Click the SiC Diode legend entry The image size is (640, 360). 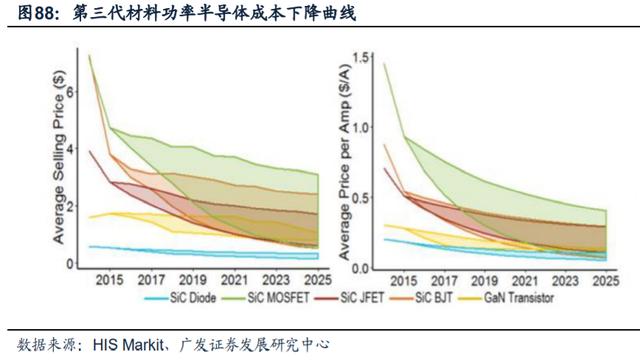click(x=180, y=298)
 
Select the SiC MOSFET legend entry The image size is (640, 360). click(x=266, y=298)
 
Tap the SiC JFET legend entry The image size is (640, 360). click(x=349, y=298)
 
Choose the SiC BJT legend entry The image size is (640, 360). click(x=421, y=298)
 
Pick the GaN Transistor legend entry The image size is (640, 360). click(x=506, y=298)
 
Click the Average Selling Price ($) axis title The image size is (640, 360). click(x=59, y=158)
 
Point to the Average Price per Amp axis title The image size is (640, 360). click(x=345, y=162)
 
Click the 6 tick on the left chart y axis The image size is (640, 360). click(x=71, y=91)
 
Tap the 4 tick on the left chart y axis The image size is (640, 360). click(x=71, y=149)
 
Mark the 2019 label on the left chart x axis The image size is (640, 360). click(x=193, y=280)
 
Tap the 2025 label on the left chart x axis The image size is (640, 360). click(x=318, y=280)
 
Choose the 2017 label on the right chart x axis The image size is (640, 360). click(x=444, y=281)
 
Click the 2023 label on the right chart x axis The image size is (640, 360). click(x=565, y=281)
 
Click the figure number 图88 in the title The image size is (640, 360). click(x=38, y=13)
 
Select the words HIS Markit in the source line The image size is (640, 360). click(x=128, y=345)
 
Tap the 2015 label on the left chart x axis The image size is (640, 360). click(x=110, y=280)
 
